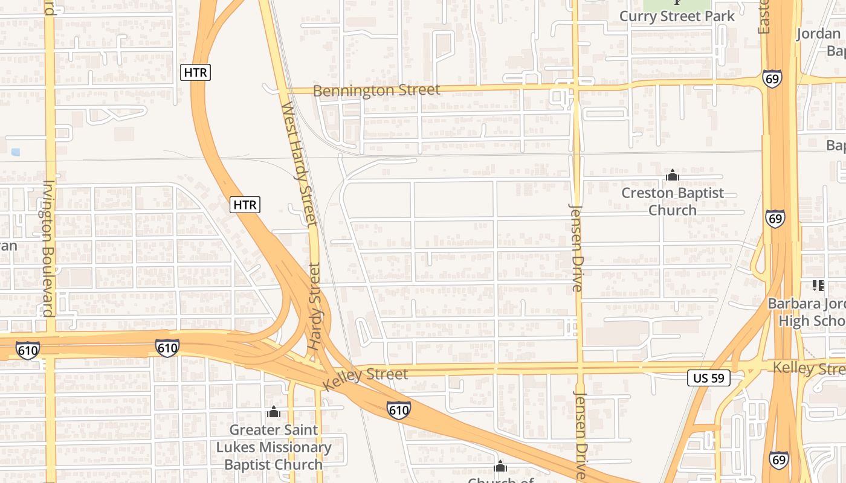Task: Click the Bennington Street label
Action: [376, 91]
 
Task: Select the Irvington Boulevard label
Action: [48, 248]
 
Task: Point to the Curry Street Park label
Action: [677, 16]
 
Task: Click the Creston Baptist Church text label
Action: [673, 202]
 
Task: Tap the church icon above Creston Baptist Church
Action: [672, 176]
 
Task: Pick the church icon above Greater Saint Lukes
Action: [274, 412]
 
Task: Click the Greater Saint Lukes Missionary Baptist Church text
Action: [274, 447]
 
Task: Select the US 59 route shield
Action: [709, 379]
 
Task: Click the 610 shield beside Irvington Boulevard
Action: [28, 350]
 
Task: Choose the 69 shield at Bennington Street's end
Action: [772, 79]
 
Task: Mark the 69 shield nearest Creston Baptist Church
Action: [775, 218]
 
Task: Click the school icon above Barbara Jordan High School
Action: [818, 285]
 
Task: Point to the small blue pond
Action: [15, 152]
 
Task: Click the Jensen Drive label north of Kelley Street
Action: [576, 248]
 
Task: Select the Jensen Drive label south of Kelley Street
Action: [580, 435]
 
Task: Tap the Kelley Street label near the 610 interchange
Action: [366, 378]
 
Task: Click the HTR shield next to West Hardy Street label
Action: [245, 205]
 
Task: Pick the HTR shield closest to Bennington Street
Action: [195, 72]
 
